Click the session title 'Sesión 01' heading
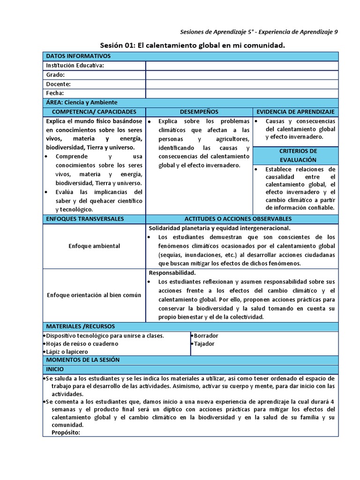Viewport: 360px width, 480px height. (193, 45)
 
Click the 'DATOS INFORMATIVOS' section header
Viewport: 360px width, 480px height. (78, 56)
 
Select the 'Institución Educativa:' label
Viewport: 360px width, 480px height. (75, 66)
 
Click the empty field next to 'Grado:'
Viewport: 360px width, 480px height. (241, 75)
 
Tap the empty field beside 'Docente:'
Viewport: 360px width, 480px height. (241, 84)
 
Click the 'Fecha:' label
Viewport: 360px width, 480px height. (54, 93)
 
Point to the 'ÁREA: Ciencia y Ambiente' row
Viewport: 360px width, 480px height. (82, 102)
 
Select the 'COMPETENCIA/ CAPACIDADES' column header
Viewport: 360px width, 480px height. (94, 112)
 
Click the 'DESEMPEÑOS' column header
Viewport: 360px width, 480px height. (199, 112)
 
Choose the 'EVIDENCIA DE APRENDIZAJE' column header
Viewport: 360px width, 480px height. (295, 112)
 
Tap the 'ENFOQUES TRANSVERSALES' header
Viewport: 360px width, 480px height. (85, 219)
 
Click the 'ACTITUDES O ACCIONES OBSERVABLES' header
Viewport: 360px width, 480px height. (238, 219)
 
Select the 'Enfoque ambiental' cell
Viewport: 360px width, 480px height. (94, 246)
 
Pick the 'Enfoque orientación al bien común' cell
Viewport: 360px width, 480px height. (94, 295)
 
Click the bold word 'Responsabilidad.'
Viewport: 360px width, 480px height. (172, 273)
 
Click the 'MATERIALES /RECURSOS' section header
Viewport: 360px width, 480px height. (80, 326)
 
